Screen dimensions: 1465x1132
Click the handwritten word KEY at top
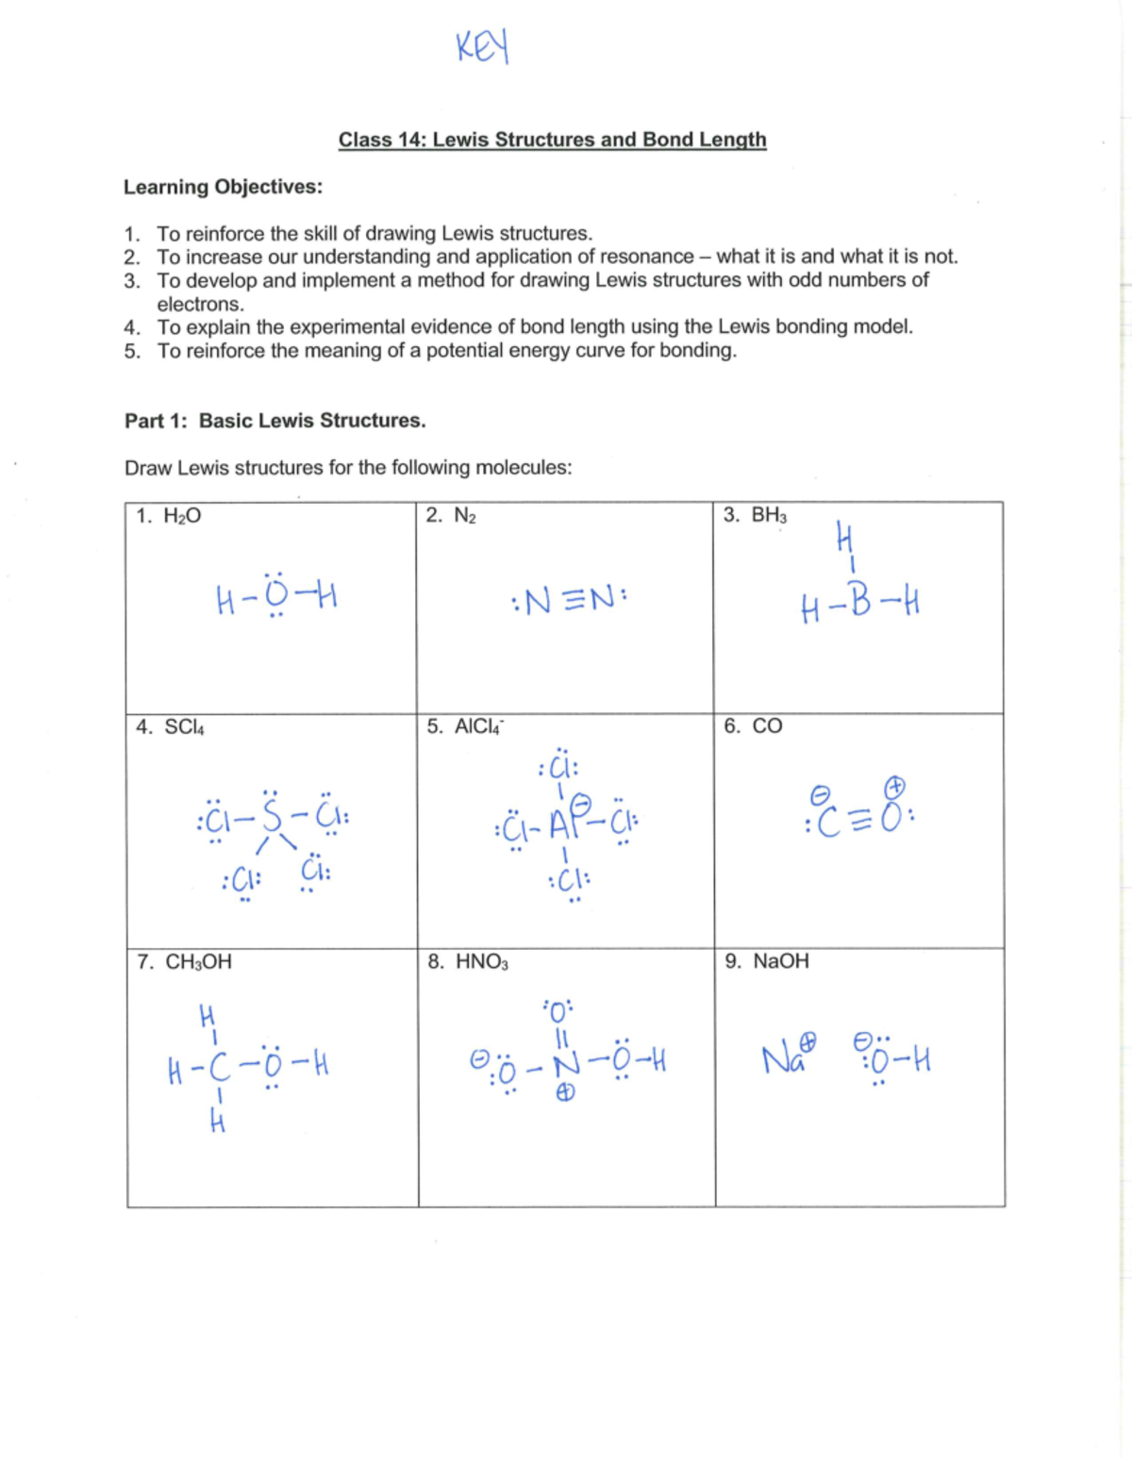click(x=482, y=46)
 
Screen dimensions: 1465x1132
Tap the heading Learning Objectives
click(x=223, y=187)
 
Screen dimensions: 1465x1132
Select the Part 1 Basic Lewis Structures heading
click(x=275, y=421)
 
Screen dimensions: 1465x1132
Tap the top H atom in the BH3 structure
click(x=845, y=539)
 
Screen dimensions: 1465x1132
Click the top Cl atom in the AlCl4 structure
click(x=559, y=765)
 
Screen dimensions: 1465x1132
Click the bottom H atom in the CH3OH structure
click(x=218, y=1123)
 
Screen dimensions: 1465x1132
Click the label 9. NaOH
click(x=766, y=961)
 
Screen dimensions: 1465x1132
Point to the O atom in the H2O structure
click(x=275, y=596)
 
